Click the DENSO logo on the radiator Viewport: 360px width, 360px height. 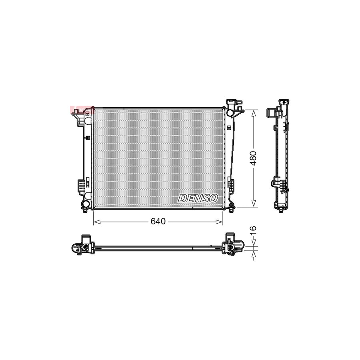(198, 198)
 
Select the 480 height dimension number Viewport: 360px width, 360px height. (253, 159)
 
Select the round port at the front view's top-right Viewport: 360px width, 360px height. (230, 112)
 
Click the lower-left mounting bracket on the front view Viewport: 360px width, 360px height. (81, 186)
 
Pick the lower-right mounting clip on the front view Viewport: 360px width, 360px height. (231, 184)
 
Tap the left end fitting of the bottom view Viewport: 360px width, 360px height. (82, 245)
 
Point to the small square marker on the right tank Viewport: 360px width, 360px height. (228, 128)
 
